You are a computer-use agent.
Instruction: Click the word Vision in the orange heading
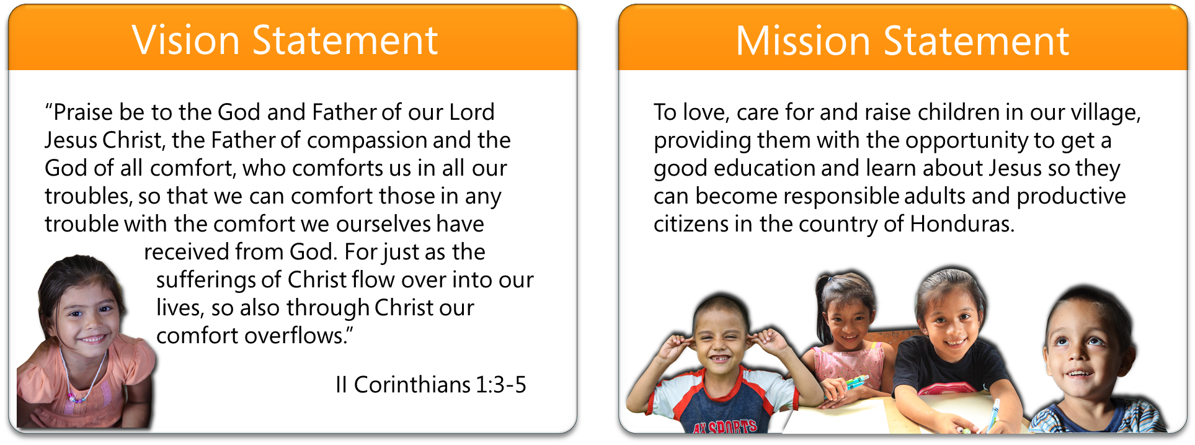tap(185, 41)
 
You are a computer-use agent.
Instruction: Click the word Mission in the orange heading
tap(803, 41)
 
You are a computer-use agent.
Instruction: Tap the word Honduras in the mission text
tap(962, 224)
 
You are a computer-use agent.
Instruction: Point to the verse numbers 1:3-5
tap(501, 385)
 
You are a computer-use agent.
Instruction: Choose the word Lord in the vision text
tap(472, 112)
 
